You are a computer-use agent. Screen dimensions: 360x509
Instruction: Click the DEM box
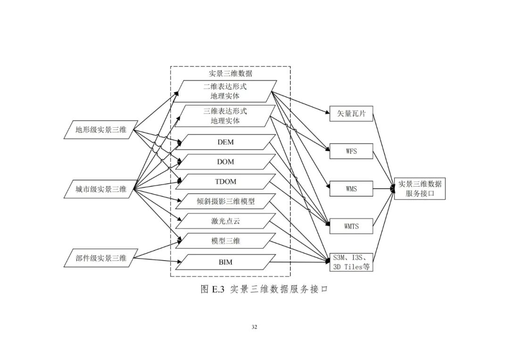[225, 142]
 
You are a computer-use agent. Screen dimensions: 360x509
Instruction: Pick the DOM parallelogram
[225, 162]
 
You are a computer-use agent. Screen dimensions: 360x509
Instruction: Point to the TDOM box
[225, 181]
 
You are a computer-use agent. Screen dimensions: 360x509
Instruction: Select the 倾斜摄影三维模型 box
[225, 201]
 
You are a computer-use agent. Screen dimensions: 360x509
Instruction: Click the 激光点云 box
[225, 221]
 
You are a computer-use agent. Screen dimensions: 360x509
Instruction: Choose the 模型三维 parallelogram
[225, 241]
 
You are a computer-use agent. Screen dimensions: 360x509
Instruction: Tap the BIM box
[225, 262]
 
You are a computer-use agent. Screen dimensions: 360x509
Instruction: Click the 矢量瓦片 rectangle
[351, 114]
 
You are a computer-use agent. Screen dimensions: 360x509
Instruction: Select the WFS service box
[351, 152]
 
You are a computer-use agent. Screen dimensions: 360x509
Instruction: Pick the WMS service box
[351, 188]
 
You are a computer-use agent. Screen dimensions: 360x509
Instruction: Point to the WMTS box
[351, 226]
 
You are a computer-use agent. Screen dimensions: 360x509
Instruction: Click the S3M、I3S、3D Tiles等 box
[351, 262]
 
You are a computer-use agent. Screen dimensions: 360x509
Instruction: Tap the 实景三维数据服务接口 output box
[419, 188]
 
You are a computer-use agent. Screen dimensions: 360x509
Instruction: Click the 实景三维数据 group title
[230, 74]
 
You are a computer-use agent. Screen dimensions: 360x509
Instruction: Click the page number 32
[254, 327]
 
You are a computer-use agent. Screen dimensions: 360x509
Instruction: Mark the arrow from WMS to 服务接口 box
[384, 188]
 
